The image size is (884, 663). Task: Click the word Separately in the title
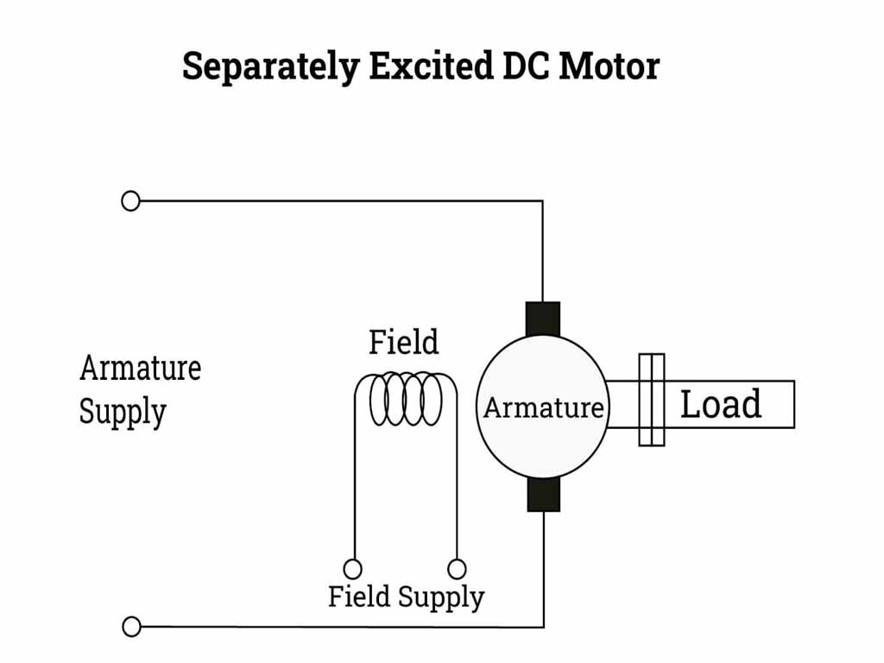(271, 67)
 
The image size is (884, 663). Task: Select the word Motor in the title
(609, 66)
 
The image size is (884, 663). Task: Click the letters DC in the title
(525, 66)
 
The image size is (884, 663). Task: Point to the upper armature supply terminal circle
(130, 201)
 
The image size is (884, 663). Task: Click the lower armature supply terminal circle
(131, 627)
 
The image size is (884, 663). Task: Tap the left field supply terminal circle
(352, 569)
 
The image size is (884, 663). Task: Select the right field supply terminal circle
(458, 569)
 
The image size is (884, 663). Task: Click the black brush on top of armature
(543, 319)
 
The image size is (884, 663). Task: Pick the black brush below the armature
(543, 495)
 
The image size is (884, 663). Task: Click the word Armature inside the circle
(543, 407)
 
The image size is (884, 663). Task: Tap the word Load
(721, 404)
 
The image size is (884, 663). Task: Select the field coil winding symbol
(406, 399)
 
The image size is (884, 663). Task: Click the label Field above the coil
(403, 343)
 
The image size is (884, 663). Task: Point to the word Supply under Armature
(122, 413)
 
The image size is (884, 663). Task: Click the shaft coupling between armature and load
(652, 400)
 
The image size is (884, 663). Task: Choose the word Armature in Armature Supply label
(140, 369)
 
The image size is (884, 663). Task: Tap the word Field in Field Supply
(359, 597)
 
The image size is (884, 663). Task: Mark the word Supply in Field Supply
(441, 597)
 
